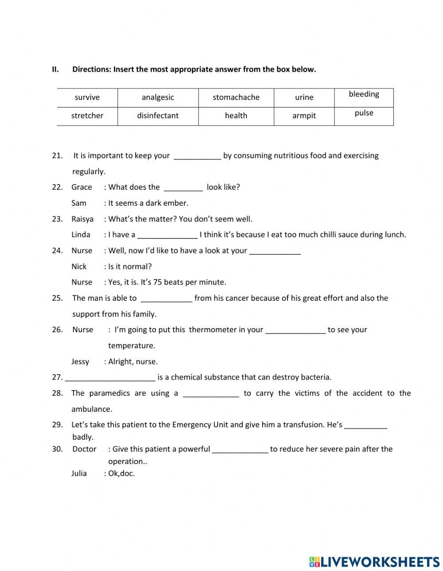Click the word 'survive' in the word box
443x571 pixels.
[x=87, y=97]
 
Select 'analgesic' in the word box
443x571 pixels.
[x=158, y=97]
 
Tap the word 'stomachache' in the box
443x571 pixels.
[x=236, y=97]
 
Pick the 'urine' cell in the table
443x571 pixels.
[x=304, y=97]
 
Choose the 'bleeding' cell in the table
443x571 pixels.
[x=364, y=94]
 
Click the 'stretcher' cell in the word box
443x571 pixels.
[x=87, y=115]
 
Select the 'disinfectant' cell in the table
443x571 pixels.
[x=158, y=115]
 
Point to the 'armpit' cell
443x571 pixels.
[x=304, y=115]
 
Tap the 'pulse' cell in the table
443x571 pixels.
[x=364, y=113]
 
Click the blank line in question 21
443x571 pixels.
[x=197, y=156]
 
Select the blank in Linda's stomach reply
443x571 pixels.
[x=167, y=235]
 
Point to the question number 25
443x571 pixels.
[x=57, y=298]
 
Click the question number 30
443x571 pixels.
[x=57, y=449]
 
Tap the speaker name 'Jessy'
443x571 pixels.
[x=80, y=361]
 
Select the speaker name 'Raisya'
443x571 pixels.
[x=82, y=219]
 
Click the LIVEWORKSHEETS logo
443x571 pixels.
[x=374, y=562]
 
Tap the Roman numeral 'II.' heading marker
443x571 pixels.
[x=55, y=69]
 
